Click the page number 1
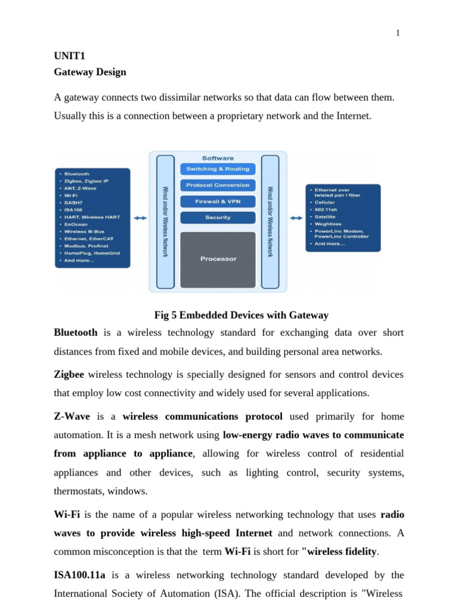click(x=398, y=33)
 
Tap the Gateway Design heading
click(x=90, y=72)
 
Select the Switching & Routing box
click(x=218, y=169)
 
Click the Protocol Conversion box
click(x=218, y=186)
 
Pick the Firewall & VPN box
click(x=218, y=202)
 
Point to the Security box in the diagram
click(x=218, y=218)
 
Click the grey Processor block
click(x=218, y=259)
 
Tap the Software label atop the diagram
click(x=218, y=158)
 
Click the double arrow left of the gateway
click(x=140, y=218)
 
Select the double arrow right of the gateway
click(x=296, y=218)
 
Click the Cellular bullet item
click(x=324, y=202)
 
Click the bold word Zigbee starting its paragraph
click(x=69, y=375)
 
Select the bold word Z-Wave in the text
click(x=72, y=416)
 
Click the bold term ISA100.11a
click(x=79, y=575)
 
